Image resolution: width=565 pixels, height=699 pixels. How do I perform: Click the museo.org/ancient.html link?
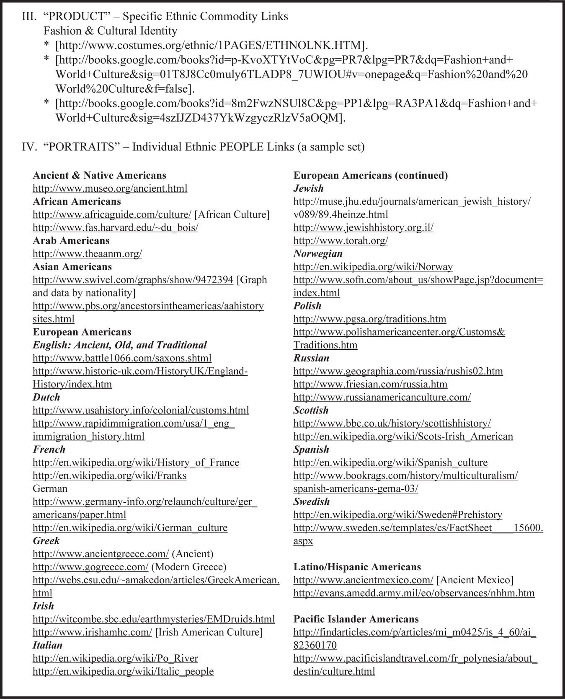[x=110, y=189]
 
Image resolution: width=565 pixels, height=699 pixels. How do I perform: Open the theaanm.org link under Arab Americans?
[x=87, y=254]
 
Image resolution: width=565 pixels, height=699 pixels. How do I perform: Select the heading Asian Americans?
[x=72, y=267]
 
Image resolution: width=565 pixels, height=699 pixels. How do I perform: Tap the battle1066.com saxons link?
[x=122, y=358]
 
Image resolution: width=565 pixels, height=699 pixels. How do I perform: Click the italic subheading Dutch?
[x=46, y=397]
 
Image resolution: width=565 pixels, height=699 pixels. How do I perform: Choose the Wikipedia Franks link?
[x=109, y=476]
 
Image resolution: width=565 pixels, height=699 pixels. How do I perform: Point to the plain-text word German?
[x=50, y=489]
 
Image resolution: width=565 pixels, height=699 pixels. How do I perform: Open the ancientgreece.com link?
[x=101, y=554]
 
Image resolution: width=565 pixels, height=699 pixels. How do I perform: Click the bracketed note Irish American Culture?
[x=209, y=632]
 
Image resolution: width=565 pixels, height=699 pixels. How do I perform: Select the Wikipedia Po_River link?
[x=115, y=658]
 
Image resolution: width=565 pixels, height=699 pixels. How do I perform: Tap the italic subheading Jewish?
[x=308, y=188]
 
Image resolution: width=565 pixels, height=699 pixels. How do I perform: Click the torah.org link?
[x=341, y=241]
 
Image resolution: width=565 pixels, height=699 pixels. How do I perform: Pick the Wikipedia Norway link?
[x=373, y=267]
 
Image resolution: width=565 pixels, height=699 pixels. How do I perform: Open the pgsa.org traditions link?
[x=369, y=319]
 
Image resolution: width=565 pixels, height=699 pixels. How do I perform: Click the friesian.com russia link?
[x=370, y=384]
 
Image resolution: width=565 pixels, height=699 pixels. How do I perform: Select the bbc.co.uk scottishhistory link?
[x=392, y=424]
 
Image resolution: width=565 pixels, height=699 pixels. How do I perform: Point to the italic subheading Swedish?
[x=311, y=502]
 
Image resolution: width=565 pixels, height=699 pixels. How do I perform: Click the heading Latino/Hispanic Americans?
[x=357, y=567]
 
